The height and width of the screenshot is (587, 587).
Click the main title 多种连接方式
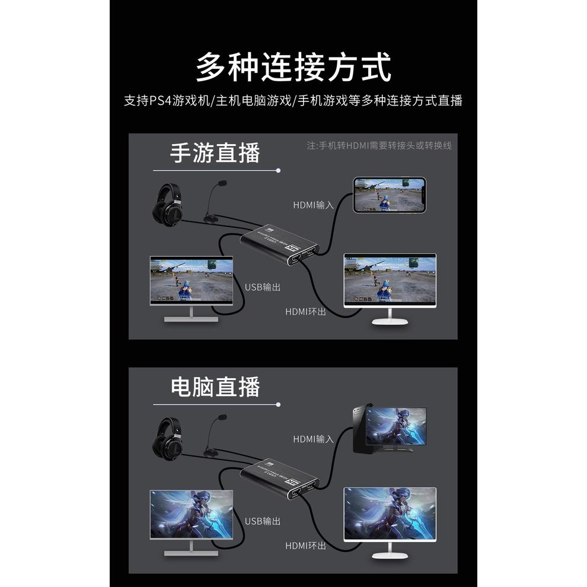point(293,67)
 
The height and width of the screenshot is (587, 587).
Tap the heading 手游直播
point(215,153)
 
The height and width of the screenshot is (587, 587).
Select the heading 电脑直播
point(215,387)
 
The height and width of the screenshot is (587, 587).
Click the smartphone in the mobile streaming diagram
point(390,194)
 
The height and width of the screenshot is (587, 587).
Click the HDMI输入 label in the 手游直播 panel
point(314,205)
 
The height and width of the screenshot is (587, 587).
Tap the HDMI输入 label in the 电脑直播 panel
point(314,439)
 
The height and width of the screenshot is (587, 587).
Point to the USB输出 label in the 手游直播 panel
point(263,287)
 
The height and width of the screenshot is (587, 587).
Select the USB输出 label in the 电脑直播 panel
point(263,521)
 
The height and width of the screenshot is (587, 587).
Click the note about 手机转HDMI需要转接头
point(379,145)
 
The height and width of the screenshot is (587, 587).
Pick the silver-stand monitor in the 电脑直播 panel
point(191,522)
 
